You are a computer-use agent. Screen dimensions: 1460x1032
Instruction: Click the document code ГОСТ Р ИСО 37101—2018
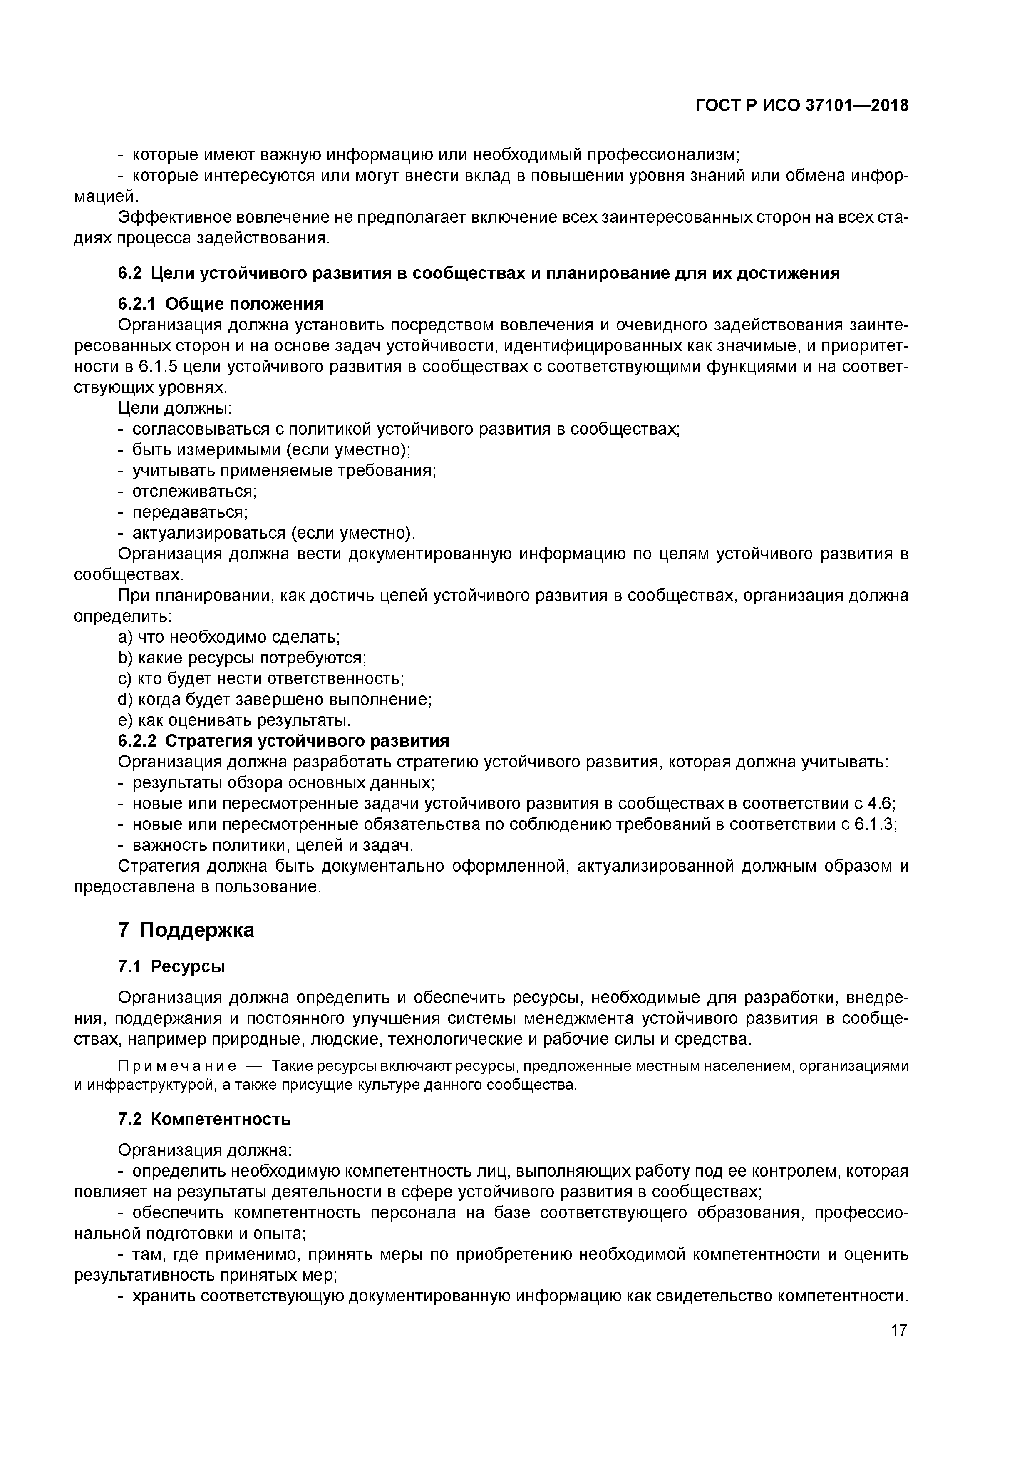(802, 106)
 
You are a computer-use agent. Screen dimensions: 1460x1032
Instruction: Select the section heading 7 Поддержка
(186, 930)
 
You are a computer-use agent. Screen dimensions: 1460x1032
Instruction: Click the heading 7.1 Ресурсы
(172, 966)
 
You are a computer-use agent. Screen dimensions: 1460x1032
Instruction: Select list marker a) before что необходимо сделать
(125, 637)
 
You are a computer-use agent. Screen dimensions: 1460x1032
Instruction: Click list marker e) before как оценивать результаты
(125, 720)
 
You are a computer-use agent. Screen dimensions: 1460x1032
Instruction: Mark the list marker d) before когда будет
(125, 700)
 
